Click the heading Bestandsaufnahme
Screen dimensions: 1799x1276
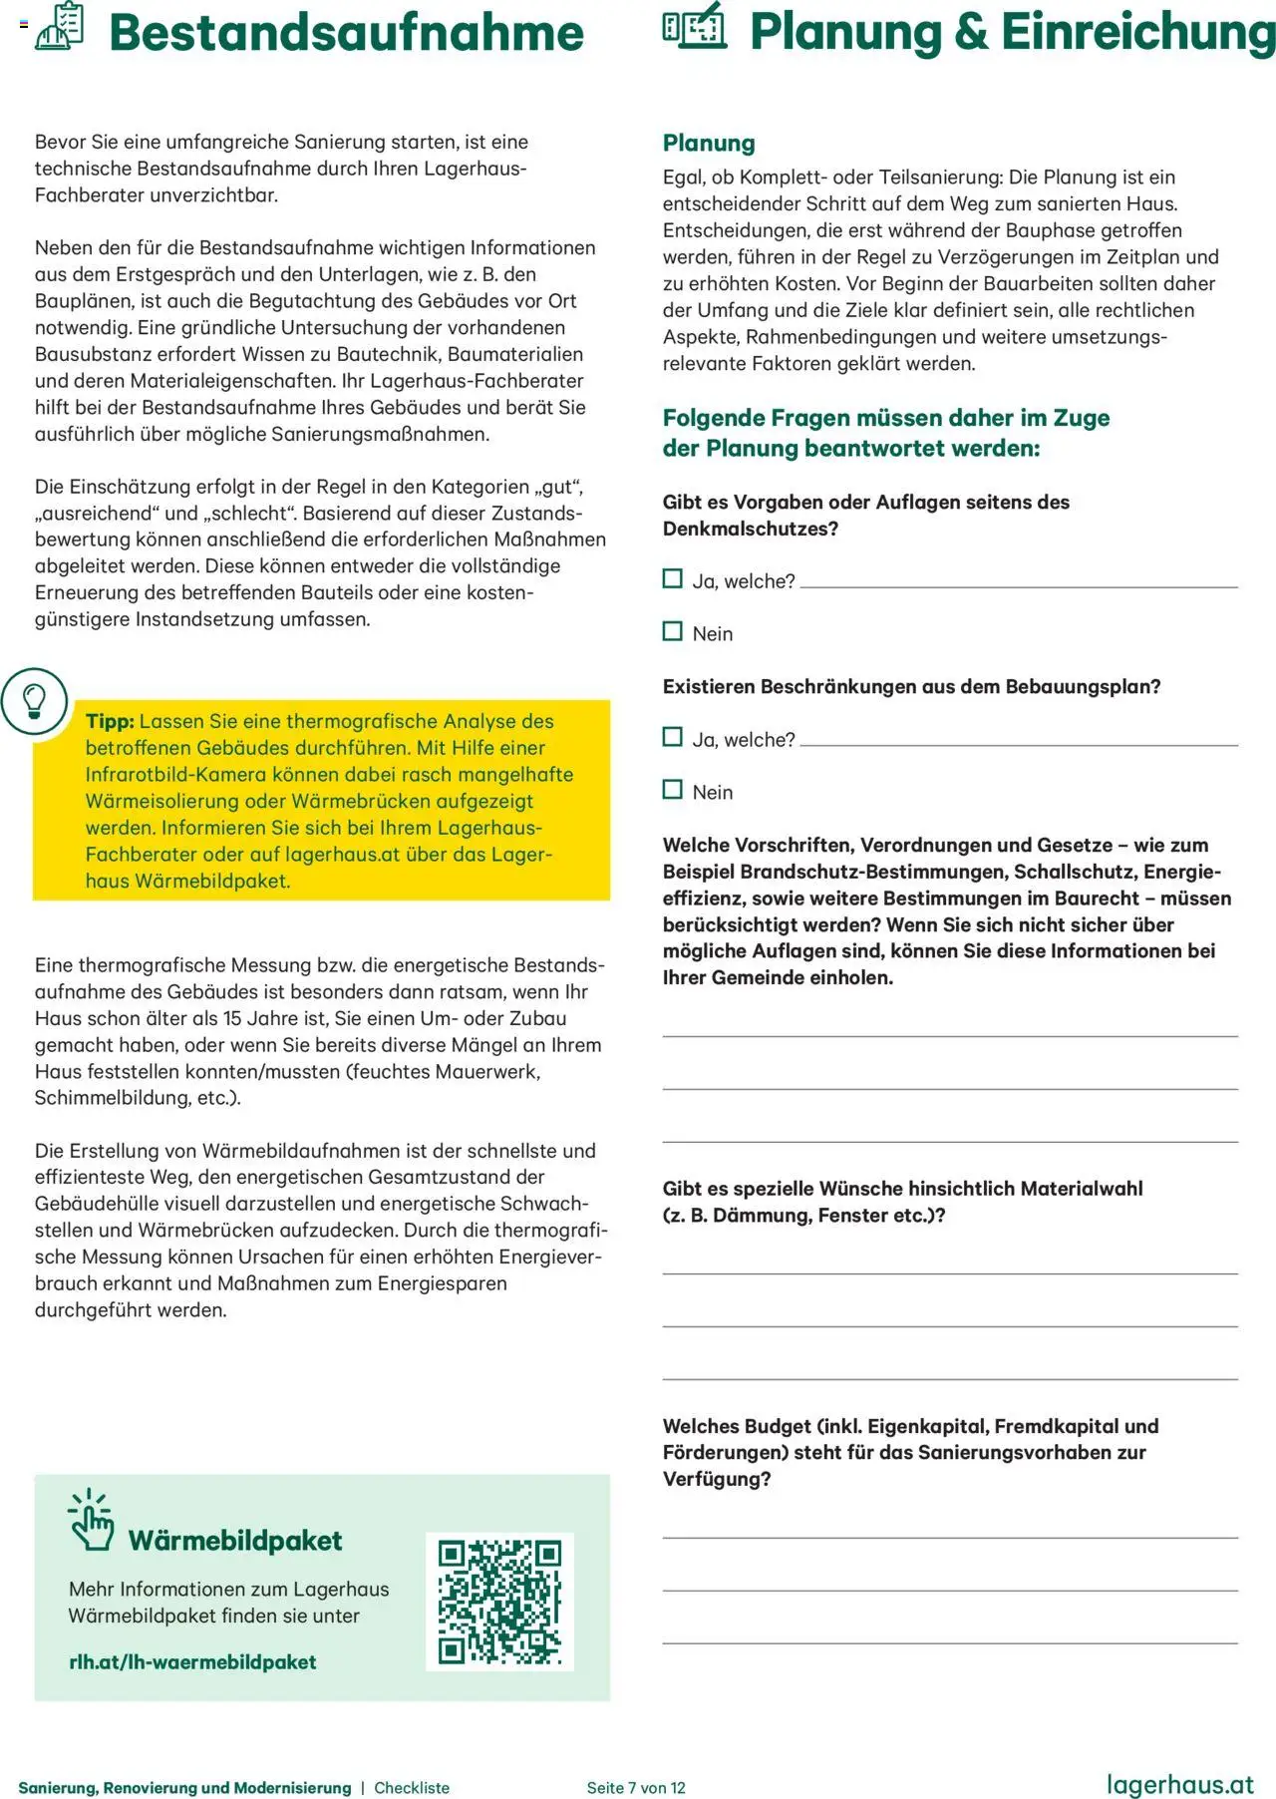[x=346, y=33]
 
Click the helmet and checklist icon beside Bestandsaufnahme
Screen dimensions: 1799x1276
[x=60, y=27]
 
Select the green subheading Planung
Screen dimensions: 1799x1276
[x=709, y=143]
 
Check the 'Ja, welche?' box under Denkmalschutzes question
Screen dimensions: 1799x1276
[x=673, y=579]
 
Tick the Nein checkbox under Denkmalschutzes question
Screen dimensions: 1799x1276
[x=673, y=632]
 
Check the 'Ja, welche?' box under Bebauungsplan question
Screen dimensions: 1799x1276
[x=673, y=738]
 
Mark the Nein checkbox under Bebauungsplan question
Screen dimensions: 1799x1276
[x=673, y=791]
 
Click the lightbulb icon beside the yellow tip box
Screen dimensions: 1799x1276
[x=34, y=701]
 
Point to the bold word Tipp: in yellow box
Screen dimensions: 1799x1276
[x=110, y=722]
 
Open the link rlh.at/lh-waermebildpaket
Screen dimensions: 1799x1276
[x=192, y=1662]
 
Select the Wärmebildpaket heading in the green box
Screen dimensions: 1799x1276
[x=235, y=1541]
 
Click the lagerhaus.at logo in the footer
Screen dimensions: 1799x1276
[x=1180, y=1784]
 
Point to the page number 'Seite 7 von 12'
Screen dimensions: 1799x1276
[x=636, y=1788]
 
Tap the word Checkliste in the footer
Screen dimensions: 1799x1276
[x=412, y=1788]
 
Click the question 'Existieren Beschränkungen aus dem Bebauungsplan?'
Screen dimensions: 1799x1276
[x=911, y=687]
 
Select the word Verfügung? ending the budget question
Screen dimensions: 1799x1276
[x=717, y=1480]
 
